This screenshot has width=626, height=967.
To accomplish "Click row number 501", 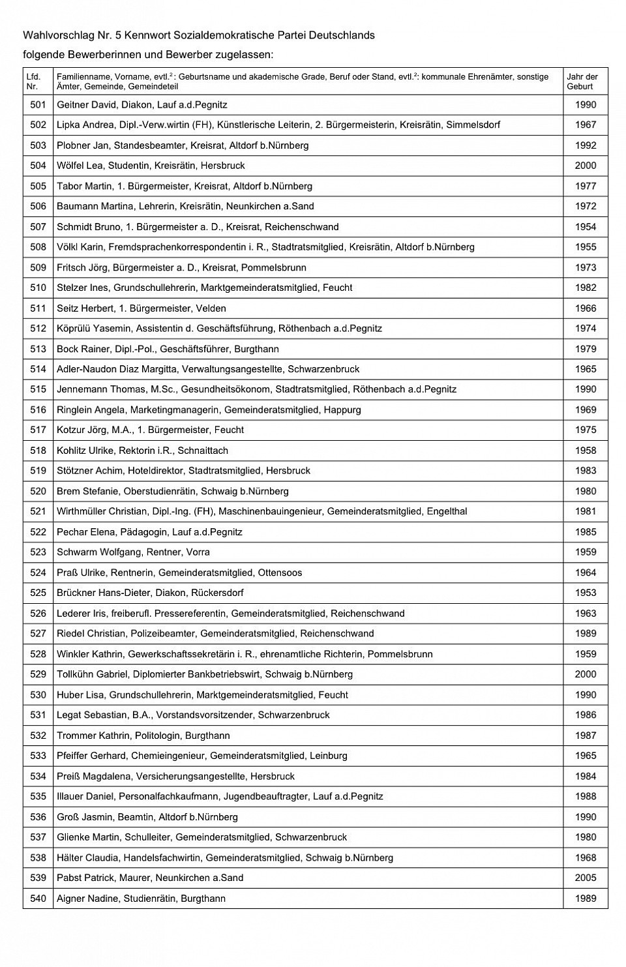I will click(x=38, y=105).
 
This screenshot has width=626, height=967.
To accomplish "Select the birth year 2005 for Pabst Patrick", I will click(x=586, y=878).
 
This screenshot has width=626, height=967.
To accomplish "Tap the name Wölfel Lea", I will click(x=80, y=166).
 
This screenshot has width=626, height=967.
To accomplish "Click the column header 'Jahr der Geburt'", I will click(x=582, y=82).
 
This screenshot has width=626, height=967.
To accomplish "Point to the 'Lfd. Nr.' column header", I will click(x=33, y=82).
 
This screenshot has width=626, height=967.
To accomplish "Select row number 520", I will click(x=38, y=491).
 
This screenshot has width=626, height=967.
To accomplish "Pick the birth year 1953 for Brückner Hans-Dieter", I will click(x=586, y=593).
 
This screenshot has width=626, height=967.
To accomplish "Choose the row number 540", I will click(x=38, y=899).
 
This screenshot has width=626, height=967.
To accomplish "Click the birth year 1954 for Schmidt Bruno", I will click(x=586, y=227).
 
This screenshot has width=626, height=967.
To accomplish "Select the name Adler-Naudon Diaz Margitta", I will click(x=117, y=369).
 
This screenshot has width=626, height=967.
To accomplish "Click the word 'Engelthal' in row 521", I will click(x=447, y=511).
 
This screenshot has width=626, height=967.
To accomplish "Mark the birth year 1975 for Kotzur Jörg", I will click(x=586, y=430).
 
